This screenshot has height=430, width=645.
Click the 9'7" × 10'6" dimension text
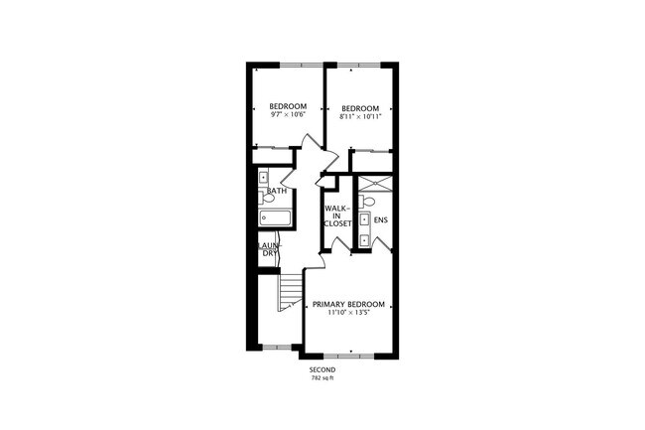pyautogui.click(x=288, y=115)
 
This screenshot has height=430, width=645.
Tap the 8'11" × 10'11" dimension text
pyautogui.click(x=361, y=117)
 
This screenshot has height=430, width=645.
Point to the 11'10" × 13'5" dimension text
pyautogui.click(x=347, y=313)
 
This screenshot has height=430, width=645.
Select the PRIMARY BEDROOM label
pyautogui.click(x=347, y=304)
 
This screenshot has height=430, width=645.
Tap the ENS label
pyautogui.click(x=380, y=219)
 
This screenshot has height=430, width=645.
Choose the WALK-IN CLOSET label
pyautogui.click(x=336, y=215)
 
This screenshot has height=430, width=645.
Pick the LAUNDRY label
pyautogui.click(x=270, y=248)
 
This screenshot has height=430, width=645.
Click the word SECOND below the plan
pyautogui.click(x=322, y=369)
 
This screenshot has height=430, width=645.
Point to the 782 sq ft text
pyautogui.click(x=322, y=378)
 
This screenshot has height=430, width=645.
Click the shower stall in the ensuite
pyautogui.click(x=373, y=185)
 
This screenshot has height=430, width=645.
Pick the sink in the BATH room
pyautogui.click(x=263, y=179)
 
